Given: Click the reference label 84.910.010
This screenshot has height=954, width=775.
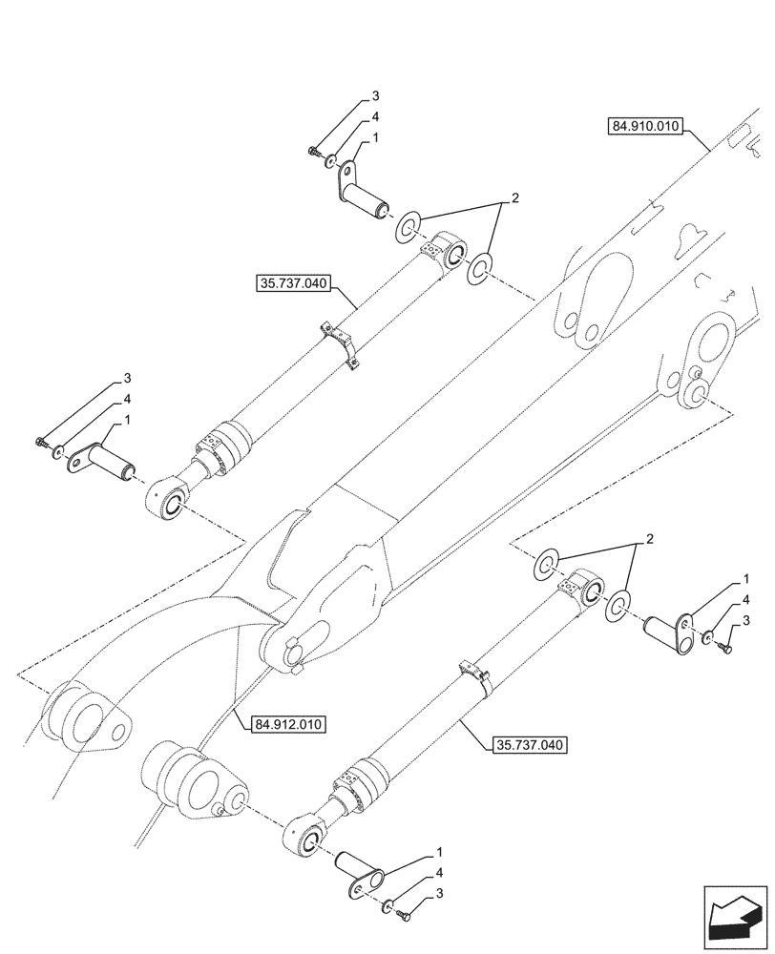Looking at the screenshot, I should [642, 126].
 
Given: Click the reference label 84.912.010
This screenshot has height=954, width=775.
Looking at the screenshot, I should [290, 724].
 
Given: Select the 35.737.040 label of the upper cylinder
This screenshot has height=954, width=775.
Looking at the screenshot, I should [292, 282].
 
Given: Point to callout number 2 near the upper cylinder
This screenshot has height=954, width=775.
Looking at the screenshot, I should [514, 198].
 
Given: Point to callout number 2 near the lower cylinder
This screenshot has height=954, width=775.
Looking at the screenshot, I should [650, 540].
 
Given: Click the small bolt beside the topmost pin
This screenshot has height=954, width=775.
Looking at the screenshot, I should [314, 152].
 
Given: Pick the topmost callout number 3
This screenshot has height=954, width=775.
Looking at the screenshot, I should [375, 97].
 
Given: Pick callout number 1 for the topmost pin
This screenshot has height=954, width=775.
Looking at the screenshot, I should [375, 137].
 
